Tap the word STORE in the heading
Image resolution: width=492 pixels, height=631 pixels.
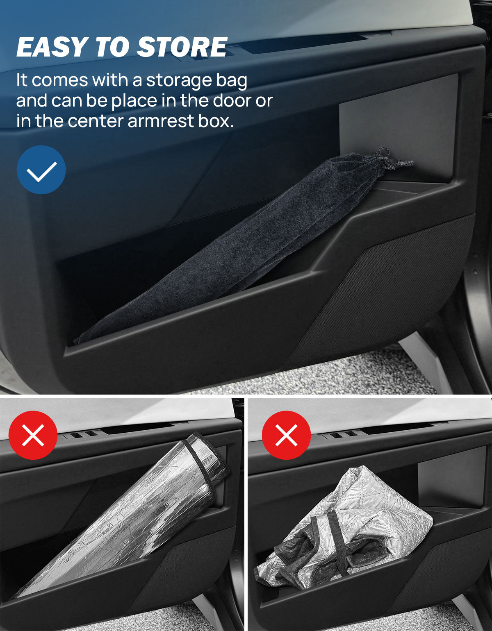click(x=182, y=47)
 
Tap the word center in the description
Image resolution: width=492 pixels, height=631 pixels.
click(x=96, y=121)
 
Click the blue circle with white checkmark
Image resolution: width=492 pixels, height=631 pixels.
click(x=41, y=170)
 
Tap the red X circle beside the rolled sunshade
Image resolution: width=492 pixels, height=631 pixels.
click(x=33, y=435)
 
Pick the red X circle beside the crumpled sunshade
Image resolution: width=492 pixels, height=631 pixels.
click(x=286, y=435)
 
